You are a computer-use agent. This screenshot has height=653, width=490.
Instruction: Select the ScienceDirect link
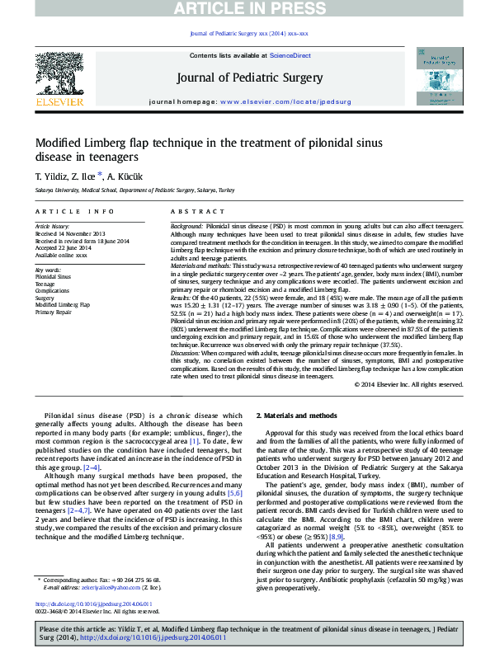(290, 55)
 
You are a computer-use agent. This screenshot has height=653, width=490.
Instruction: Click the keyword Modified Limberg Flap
(63, 305)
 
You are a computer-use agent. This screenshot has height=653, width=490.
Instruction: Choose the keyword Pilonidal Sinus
(53, 277)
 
